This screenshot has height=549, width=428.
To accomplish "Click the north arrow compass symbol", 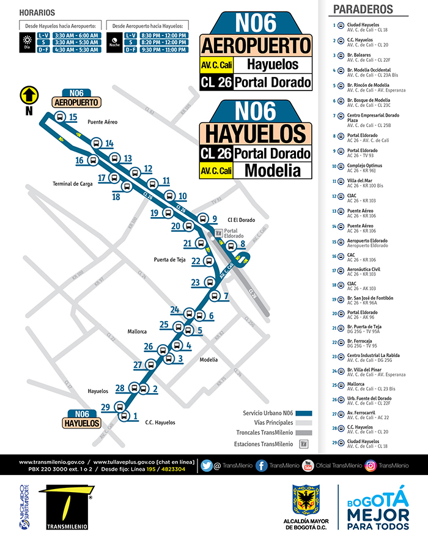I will (x=29, y=95).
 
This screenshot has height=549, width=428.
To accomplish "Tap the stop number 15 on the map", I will (x=73, y=117).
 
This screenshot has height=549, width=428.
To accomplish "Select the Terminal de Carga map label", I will (x=72, y=183).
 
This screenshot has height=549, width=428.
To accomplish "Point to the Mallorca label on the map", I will (x=137, y=331).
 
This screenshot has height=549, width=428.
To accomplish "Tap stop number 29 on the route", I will (x=105, y=408).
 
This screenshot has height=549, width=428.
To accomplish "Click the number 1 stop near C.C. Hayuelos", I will (x=134, y=417).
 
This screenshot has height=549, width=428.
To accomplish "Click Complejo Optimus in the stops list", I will (x=364, y=166).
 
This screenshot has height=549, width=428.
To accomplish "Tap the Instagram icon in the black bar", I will (x=370, y=466).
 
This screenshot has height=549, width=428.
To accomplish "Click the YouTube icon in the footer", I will (x=308, y=466).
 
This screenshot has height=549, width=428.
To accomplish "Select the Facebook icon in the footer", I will (x=261, y=466).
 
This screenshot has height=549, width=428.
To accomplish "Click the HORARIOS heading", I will (x=37, y=13).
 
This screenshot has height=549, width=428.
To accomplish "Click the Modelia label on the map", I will (x=208, y=359).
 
